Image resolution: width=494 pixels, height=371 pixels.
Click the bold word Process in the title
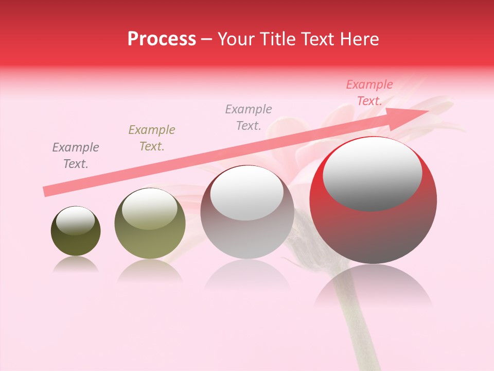(x=162, y=39)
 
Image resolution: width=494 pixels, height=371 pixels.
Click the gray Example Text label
(x=249, y=117)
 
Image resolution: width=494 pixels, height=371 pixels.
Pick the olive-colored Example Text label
(x=152, y=138)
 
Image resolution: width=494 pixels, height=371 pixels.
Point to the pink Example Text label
(x=369, y=93)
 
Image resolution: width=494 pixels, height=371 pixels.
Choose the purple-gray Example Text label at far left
(x=76, y=155)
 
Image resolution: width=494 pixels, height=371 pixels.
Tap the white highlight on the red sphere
(x=373, y=173)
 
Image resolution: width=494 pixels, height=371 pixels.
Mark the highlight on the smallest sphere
(x=76, y=221)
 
